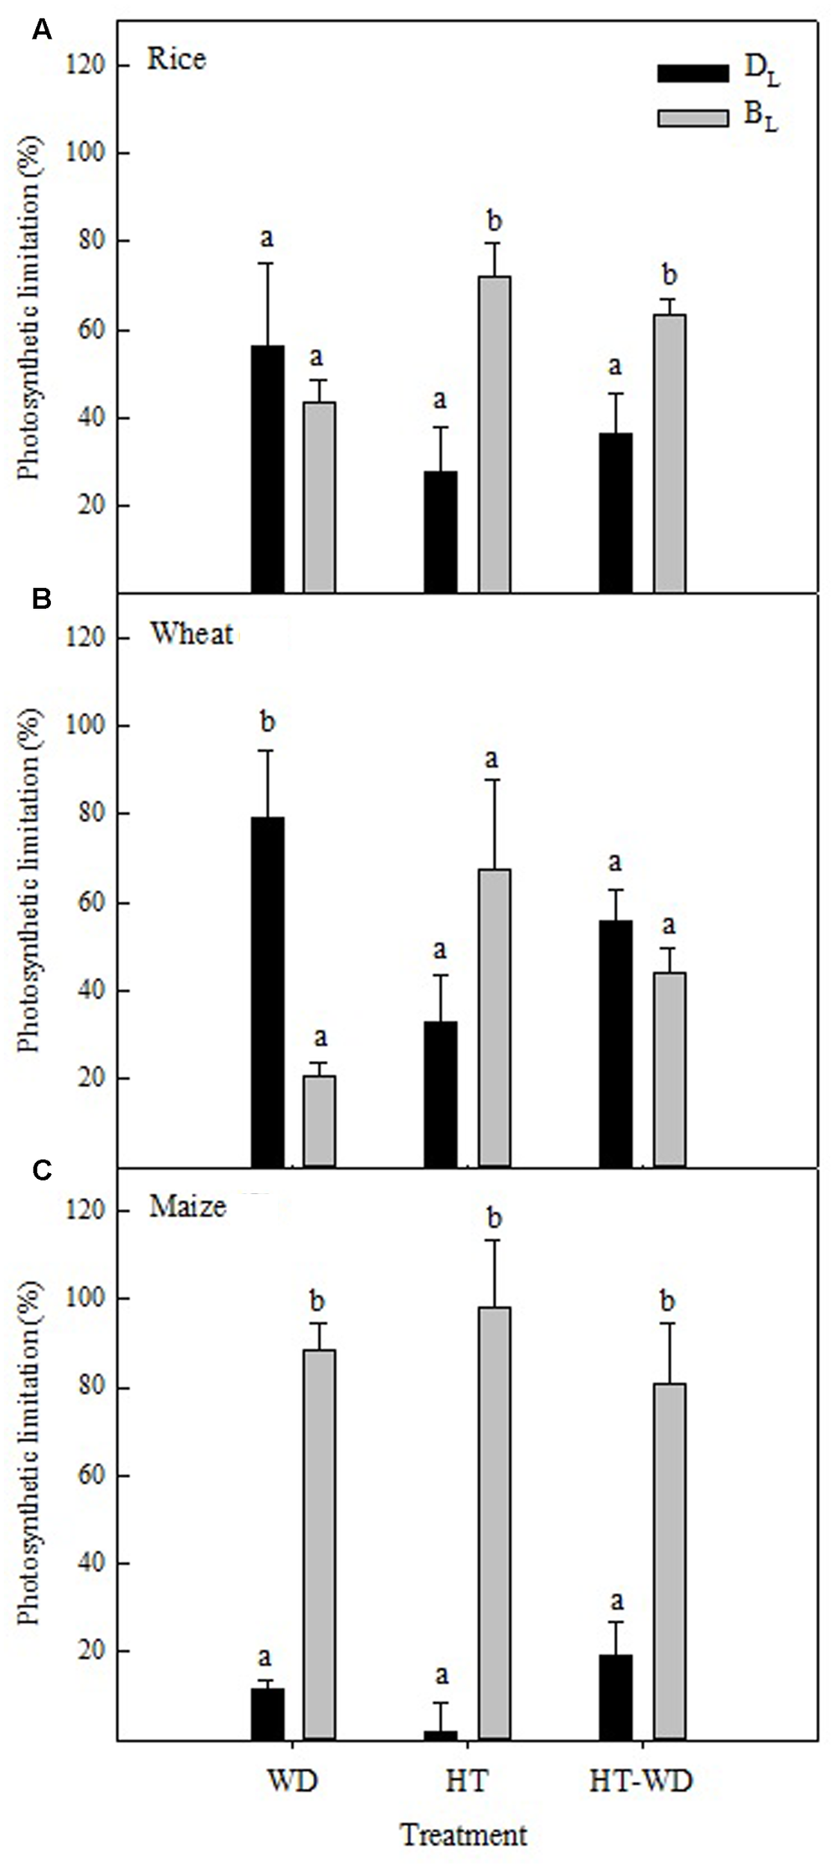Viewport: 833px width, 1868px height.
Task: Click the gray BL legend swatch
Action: click(692, 118)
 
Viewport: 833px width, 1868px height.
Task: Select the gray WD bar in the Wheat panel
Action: click(319, 1121)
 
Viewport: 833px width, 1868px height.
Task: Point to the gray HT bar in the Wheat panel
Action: click(495, 1017)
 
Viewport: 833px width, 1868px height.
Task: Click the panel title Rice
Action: click(176, 59)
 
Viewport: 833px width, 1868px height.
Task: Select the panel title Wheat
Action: click(191, 634)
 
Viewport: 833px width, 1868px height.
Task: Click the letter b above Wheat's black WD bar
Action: click(267, 722)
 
